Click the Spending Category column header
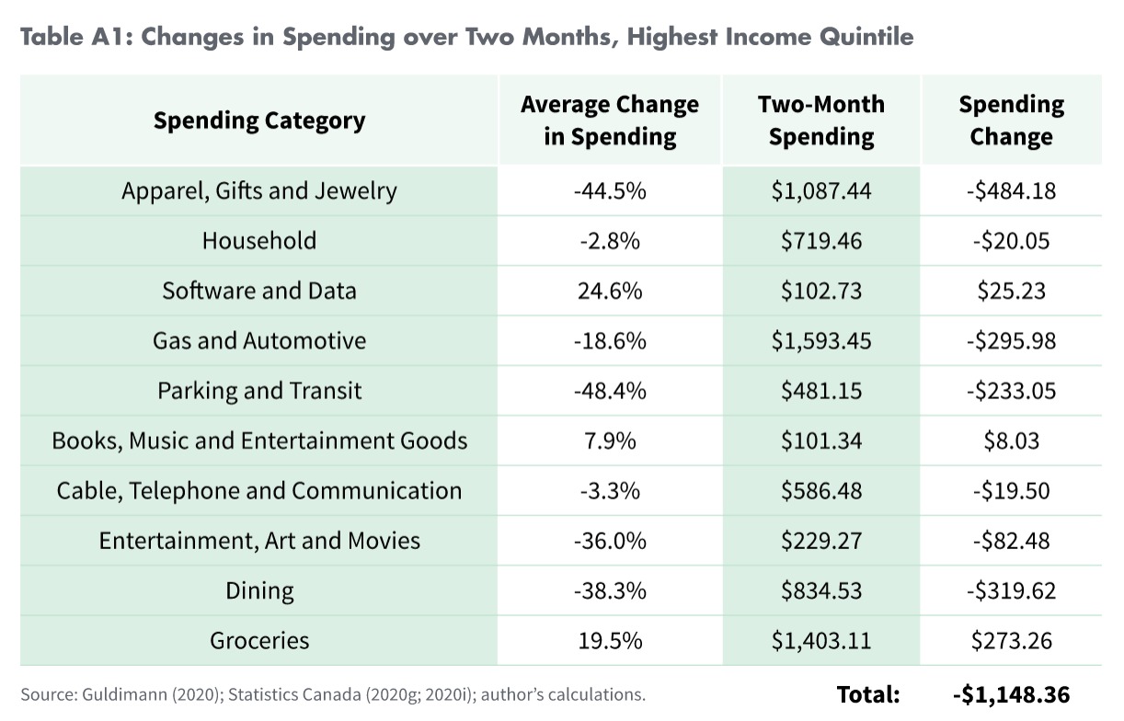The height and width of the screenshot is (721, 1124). click(x=258, y=120)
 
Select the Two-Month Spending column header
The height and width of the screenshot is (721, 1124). click(x=820, y=120)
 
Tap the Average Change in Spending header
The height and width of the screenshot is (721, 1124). click(x=609, y=120)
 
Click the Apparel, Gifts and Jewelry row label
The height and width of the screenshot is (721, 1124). click(x=258, y=191)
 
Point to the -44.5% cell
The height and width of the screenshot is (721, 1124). click(x=609, y=191)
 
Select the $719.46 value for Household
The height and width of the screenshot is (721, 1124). click(x=820, y=241)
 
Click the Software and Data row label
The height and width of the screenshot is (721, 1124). click(x=258, y=291)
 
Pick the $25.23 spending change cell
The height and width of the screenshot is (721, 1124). click(x=1011, y=291)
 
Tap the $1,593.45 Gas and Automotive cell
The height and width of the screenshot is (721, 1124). click(x=820, y=340)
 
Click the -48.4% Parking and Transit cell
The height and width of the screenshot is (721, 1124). click(x=609, y=391)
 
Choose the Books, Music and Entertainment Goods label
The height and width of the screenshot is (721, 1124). click(x=258, y=441)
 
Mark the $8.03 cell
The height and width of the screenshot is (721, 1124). click(x=1011, y=441)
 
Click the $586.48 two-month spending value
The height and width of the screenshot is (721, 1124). click(x=820, y=490)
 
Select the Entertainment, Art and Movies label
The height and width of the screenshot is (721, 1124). click(x=258, y=540)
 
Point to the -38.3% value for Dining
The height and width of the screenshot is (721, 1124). click(x=609, y=590)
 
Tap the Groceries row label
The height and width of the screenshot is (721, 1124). click(x=258, y=640)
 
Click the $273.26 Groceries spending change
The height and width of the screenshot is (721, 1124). click(x=1011, y=640)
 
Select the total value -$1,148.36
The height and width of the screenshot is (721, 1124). click(x=1011, y=694)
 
